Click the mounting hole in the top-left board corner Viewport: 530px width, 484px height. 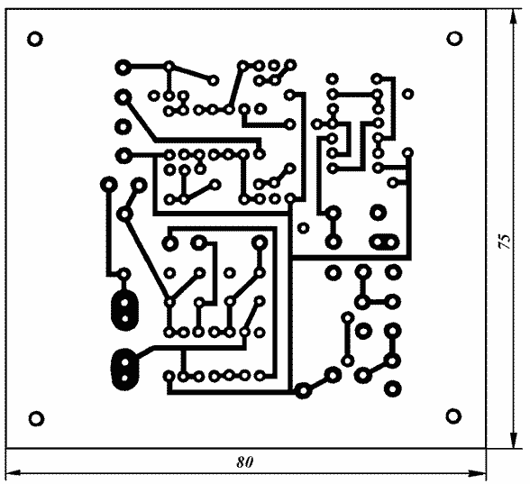click(x=35, y=39)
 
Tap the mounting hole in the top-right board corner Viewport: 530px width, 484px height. click(x=454, y=38)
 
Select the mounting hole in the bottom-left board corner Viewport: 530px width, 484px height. click(x=36, y=419)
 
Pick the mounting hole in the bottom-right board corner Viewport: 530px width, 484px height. click(x=453, y=416)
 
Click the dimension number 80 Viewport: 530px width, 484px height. click(x=245, y=461)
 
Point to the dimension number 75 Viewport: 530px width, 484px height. click(x=505, y=241)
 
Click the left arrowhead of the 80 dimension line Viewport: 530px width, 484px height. click(x=14, y=473)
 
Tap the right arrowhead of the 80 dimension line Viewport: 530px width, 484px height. click(x=479, y=473)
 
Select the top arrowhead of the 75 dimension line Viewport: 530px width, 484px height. click(x=514, y=17)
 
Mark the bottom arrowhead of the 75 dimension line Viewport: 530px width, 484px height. click(x=514, y=441)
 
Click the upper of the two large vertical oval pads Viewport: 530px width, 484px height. click(x=124, y=310)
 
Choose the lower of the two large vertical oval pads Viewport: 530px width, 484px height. click(x=124, y=370)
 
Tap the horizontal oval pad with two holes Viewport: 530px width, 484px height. click(x=384, y=242)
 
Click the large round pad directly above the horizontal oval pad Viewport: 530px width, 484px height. click(x=378, y=213)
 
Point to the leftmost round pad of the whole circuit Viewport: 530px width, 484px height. click(x=109, y=185)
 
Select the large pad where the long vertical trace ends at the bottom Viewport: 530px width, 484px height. click(x=303, y=391)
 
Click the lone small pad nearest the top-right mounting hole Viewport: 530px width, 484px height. click(x=408, y=94)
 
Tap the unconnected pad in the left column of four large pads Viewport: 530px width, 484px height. click(x=123, y=127)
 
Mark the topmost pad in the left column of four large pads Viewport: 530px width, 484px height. click(x=123, y=68)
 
